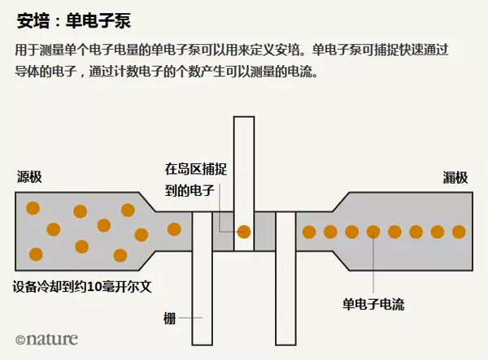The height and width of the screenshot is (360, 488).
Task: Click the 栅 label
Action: (x=169, y=318)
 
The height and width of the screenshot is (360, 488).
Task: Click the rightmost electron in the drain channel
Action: (x=459, y=232)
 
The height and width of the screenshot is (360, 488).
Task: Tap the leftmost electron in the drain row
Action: (x=309, y=232)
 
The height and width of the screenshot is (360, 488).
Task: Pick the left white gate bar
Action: (x=202, y=276)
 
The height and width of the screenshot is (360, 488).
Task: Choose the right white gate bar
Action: (x=285, y=276)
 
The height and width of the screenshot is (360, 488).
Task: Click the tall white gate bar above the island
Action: (x=243, y=163)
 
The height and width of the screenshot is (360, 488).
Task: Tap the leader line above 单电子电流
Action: (x=373, y=264)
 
